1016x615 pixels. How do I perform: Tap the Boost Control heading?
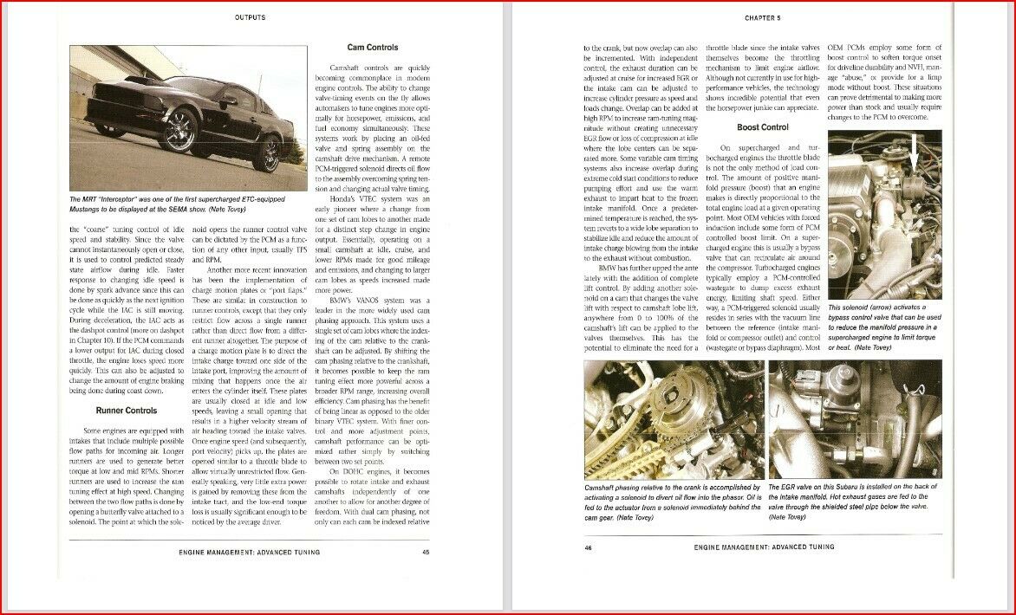tap(762, 127)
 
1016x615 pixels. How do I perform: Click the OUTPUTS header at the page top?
tap(250, 16)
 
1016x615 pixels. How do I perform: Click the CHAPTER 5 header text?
tap(762, 16)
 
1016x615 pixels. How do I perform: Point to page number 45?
tap(426, 552)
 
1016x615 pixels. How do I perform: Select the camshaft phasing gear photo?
tap(673, 419)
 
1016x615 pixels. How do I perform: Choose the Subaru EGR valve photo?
tap(854, 419)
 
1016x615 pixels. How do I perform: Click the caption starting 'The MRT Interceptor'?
tap(187, 204)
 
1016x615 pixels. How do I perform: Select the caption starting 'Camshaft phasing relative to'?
tap(673, 502)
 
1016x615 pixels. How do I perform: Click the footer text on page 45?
tap(249, 552)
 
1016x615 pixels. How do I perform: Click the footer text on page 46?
tap(764, 547)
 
